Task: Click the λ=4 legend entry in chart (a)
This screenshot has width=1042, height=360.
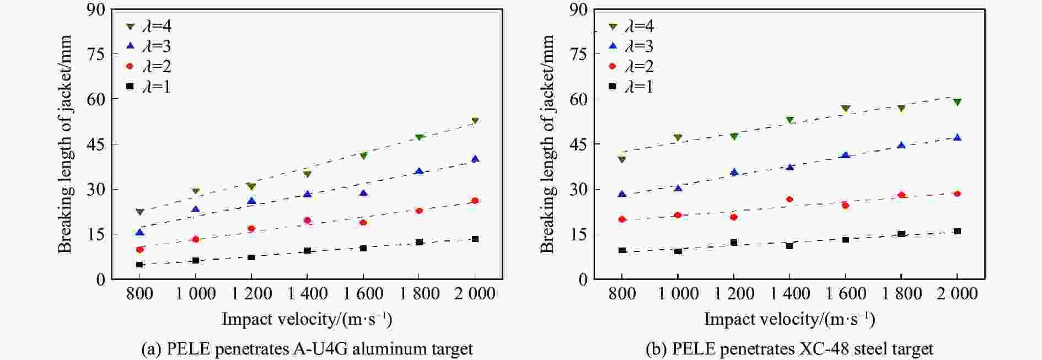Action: pyautogui.click(x=149, y=26)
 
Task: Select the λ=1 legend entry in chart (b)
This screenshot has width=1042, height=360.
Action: pyautogui.click(x=631, y=87)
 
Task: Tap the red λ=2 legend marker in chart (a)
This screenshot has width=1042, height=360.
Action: pyautogui.click(x=130, y=66)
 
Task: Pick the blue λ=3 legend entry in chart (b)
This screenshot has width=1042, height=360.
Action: pyautogui.click(x=631, y=46)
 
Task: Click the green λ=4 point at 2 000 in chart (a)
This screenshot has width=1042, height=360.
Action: pyautogui.click(x=475, y=121)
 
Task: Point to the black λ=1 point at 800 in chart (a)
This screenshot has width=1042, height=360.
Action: pyautogui.click(x=139, y=265)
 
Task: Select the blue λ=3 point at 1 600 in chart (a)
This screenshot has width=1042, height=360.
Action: pyautogui.click(x=363, y=193)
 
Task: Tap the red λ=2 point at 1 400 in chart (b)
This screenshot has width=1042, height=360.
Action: pyautogui.click(x=789, y=199)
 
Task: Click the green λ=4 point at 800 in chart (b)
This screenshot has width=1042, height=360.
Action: pyautogui.click(x=622, y=159)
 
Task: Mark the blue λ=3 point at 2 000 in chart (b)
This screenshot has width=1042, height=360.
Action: pyautogui.click(x=957, y=137)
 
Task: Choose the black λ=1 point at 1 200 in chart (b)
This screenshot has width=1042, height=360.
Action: pyautogui.click(x=734, y=243)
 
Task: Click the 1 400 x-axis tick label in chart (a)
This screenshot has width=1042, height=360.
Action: pyautogui.click(x=307, y=294)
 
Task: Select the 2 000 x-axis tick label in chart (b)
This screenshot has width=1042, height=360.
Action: pyautogui.click(x=957, y=294)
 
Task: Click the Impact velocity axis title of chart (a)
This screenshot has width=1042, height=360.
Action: pyautogui.click(x=307, y=319)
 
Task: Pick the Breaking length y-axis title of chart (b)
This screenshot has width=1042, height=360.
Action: pyautogui.click(x=547, y=144)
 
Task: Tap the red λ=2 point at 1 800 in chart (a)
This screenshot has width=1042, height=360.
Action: pyautogui.click(x=419, y=211)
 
